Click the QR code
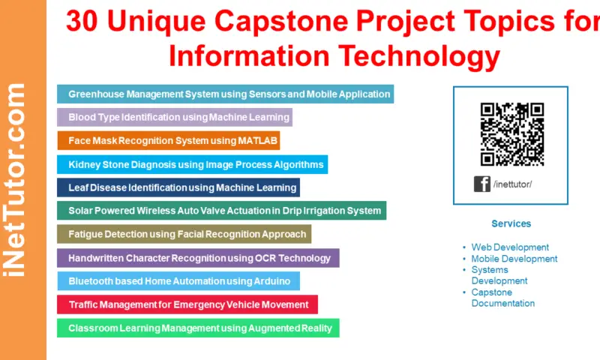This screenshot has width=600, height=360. (x=512, y=133)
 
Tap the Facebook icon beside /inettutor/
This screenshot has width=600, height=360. (x=481, y=184)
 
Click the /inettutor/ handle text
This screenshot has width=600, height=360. (x=514, y=184)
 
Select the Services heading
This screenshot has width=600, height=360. (x=511, y=223)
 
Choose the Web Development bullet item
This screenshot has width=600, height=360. (x=510, y=247)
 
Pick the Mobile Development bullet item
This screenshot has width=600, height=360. (x=514, y=259)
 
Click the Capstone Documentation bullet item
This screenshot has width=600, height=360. (x=502, y=298)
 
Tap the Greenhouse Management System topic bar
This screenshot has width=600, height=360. (x=225, y=94)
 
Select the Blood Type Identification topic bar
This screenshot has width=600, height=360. (x=174, y=117)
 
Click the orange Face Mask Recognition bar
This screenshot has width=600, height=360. (x=169, y=140)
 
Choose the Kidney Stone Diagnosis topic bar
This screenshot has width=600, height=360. (x=192, y=163)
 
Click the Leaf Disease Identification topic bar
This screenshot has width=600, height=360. (x=178, y=187)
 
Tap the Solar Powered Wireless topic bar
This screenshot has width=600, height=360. (x=221, y=211)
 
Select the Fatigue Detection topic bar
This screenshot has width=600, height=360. (x=184, y=234)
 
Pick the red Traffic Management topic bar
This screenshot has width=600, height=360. (x=187, y=304)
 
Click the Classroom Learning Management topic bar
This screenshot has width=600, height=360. (x=198, y=328)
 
